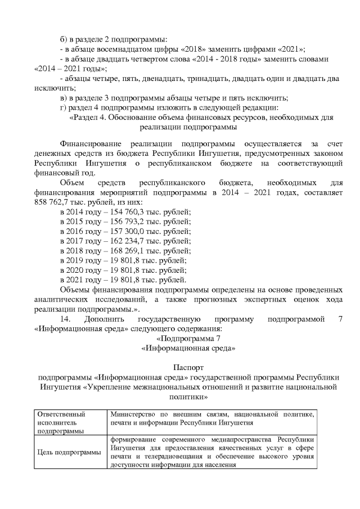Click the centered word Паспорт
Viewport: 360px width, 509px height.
pos(179,367)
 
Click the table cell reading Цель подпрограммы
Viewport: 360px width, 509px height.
pos(69,452)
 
